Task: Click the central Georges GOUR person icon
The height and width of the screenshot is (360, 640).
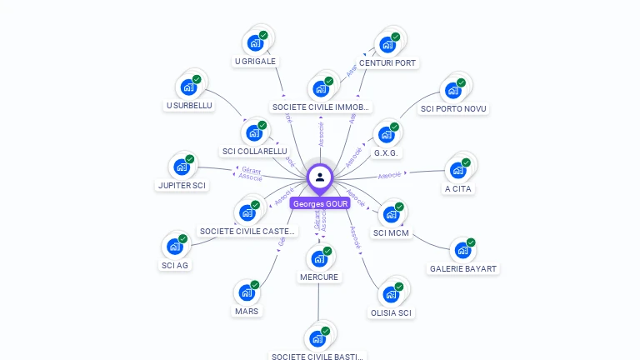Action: pyautogui.click(x=320, y=177)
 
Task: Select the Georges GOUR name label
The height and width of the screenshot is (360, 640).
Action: pyautogui.click(x=320, y=203)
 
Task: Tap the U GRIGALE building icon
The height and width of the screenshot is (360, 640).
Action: pyautogui.click(x=256, y=42)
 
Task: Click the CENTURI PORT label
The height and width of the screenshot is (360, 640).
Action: pyautogui.click(x=387, y=63)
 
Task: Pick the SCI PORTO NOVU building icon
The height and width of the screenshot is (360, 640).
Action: pyautogui.click(x=454, y=88)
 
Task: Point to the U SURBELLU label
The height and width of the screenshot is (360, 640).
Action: pyautogui.click(x=189, y=106)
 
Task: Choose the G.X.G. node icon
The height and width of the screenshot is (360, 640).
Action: pyautogui.click(x=387, y=133)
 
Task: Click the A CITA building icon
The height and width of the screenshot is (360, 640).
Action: pyautogui.click(x=458, y=169)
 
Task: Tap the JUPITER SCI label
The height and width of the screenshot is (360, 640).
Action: pyautogui.click(x=181, y=185)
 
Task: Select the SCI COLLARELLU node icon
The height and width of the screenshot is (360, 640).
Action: pyautogui.click(x=254, y=132)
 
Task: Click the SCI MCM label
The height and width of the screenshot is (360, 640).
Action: pyautogui.click(x=391, y=233)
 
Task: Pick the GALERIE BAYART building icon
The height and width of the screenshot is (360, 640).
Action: pyautogui.click(x=463, y=249)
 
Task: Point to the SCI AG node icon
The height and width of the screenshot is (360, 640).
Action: pyautogui.click(x=175, y=246)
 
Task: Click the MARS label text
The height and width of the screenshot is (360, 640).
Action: pyautogui.click(x=247, y=312)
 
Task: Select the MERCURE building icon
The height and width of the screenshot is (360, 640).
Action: pyautogui.click(x=319, y=258)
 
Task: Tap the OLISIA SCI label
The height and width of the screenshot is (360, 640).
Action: pyautogui.click(x=391, y=313)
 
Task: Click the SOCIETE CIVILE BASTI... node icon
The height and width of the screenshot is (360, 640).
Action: pyautogui.click(x=317, y=337)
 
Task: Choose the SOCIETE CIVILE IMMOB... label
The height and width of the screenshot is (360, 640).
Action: pyautogui.click(x=321, y=107)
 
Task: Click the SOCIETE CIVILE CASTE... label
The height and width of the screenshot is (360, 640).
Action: pyautogui.click(x=247, y=231)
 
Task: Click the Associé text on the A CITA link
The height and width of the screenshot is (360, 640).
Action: pyautogui.click(x=390, y=175)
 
